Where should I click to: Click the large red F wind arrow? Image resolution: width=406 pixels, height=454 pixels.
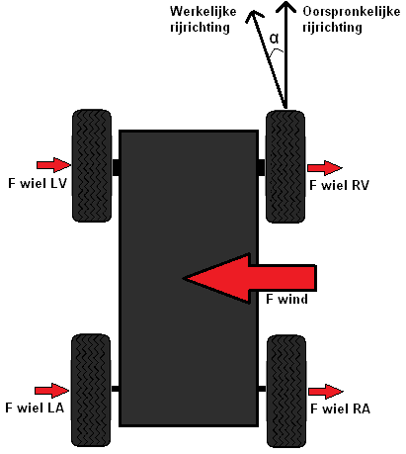[x=249, y=278]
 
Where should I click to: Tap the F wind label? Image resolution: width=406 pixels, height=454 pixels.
[x=286, y=299]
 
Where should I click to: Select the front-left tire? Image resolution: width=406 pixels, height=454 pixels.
[x=92, y=166]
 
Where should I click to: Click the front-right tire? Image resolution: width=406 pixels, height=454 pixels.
[x=285, y=167]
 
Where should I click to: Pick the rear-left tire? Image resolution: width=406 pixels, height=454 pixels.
[x=91, y=391]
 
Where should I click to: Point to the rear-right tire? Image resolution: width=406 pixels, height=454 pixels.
[x=286, y=392]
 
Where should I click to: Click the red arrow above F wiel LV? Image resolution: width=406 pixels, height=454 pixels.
[x=53, y=165]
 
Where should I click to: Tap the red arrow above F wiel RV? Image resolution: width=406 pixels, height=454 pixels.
[x=325, y=168]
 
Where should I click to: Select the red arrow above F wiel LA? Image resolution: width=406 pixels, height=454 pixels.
[x=51, y=391]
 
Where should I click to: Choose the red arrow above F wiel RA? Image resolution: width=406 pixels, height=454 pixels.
[x=326, y=392]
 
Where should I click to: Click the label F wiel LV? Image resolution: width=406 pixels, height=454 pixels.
[x=38, y=183]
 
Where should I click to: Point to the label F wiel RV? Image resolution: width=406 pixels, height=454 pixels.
[x=339, y=185]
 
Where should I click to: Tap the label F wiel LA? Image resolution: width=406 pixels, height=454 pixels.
[x=35, y=408]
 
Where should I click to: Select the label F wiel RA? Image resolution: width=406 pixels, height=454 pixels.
[x=340, y=409]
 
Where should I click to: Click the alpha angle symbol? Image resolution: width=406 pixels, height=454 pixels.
[x=274, y=39]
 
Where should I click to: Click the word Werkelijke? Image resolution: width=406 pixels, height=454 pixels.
[x=203, y=12]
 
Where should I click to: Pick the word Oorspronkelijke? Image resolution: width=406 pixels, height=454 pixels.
[x=352, y=12]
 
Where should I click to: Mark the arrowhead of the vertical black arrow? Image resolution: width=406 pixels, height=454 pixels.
[x=285, y=6]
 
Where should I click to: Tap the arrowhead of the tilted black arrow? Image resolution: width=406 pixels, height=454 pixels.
[x=254, y=16]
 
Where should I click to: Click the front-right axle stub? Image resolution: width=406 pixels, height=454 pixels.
[x=262, y=167]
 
